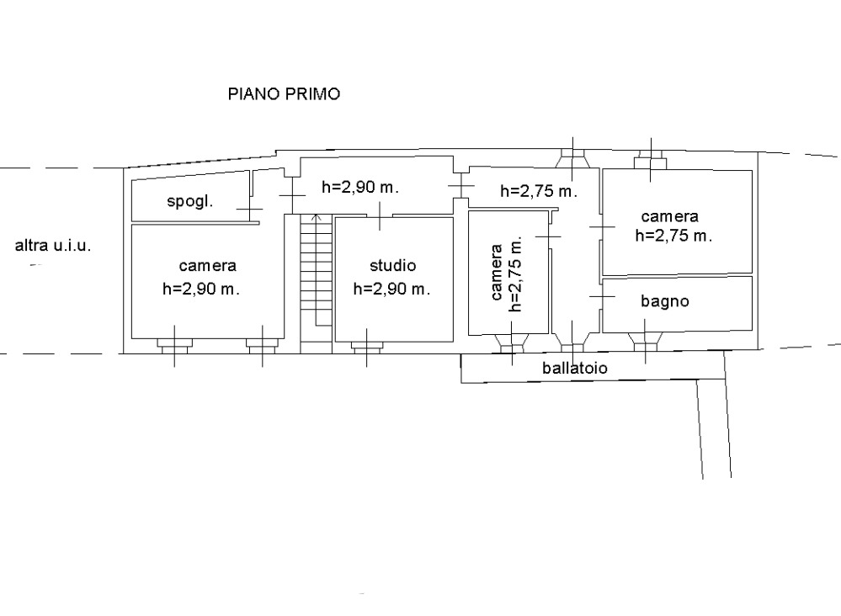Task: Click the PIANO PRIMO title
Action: point(284,93)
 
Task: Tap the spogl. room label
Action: point(190,202)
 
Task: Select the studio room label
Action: point(392,265)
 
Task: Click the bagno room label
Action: point(664,301)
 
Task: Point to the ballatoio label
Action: point(574,368)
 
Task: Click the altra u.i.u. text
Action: point(52,246)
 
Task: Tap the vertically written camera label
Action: point(497,273)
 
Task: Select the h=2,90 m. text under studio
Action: point(391,289)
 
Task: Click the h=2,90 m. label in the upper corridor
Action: point(360,187)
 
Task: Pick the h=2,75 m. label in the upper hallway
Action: point(539,191)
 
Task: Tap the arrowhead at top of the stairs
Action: point(317,218)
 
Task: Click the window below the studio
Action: point(367,346)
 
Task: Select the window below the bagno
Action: point(645,342)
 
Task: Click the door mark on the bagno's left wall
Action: point(602,296)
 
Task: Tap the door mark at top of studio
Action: point(380,216)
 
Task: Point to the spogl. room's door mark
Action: point(250,209)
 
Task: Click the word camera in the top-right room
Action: point(669,216)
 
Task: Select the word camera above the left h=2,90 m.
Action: point(208,266)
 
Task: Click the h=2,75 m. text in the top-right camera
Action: point(673,236)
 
